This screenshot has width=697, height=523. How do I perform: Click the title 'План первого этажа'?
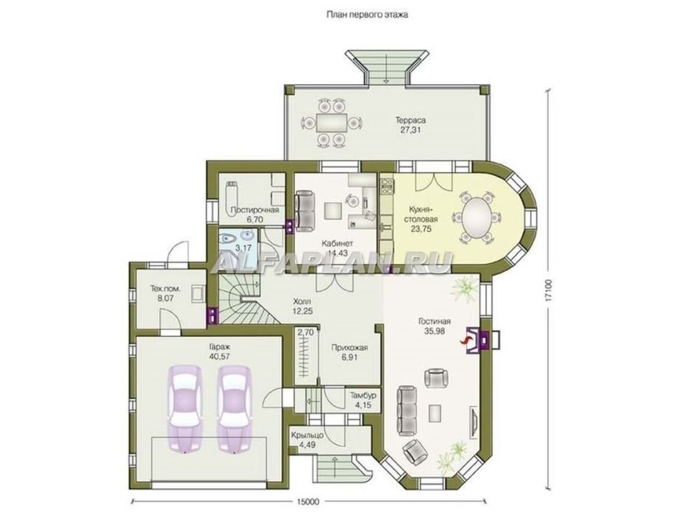coord(367,15)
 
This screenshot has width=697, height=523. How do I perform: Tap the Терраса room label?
coord(410,120)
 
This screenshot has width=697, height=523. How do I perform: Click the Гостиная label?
coord(434,321)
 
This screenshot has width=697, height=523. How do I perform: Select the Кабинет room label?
coord(337,243)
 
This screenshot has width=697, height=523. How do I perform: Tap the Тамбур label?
coord(363,395)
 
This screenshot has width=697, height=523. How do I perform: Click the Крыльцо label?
coord(307,435)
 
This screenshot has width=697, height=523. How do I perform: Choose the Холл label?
coord(302,302)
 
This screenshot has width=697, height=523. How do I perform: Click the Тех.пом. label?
coord(165,289)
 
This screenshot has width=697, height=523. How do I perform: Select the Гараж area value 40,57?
coord(219,356)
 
